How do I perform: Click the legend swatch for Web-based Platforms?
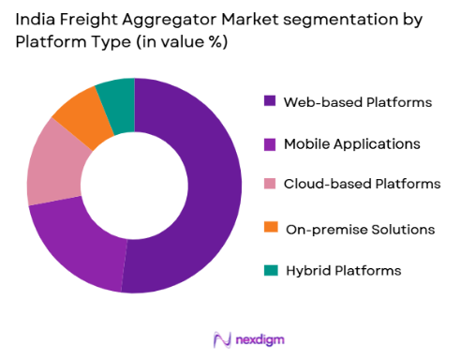[271, 101]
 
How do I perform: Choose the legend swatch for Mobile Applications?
[271, 143]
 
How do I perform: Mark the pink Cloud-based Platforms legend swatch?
[271, 185]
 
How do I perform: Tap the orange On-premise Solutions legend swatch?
[271, 228]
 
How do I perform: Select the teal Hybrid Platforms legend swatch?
[271, 270]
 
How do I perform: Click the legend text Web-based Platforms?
[358, 101]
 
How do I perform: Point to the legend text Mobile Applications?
[352, 143]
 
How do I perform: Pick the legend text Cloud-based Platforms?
[362, 185]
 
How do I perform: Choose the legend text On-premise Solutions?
[359, 228]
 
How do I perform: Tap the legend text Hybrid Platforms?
[343, 270]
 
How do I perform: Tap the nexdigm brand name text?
[260, 338]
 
